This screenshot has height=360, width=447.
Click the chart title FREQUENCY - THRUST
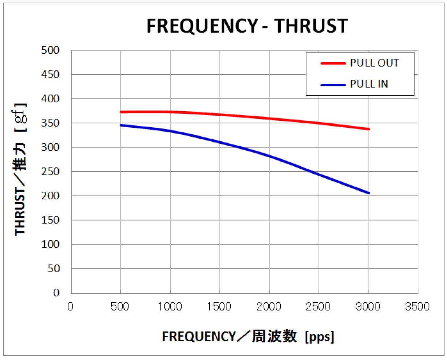[x=247, y=26]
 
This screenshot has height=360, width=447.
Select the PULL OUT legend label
[x=374, y=63]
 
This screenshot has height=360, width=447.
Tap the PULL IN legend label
[x=369, y=84]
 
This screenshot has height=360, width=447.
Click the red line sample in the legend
[x=333, y=63]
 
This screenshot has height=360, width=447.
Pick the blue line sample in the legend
[x=333, y=85]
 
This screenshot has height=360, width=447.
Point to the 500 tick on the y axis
[x=50, y=50]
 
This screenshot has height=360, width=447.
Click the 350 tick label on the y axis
[x=50, y=123]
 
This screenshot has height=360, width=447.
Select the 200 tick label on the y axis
[x=50, y=196]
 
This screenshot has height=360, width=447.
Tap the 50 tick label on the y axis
[x=53, y=269]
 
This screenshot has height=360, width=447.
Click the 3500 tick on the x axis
[x=417, y=307]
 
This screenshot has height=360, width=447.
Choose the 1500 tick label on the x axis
[x=219, y=307]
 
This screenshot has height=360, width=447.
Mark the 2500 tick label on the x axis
[x=318, y=307]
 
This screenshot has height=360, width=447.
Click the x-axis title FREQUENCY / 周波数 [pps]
[x=248, y=336]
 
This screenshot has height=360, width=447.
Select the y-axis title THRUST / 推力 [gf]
[x=21, y=169]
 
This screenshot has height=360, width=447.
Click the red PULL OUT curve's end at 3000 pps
[x=368, y=129]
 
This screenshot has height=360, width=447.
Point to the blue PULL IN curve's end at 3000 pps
[x=368, y=193]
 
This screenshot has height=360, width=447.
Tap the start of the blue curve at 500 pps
[x=121, y=125]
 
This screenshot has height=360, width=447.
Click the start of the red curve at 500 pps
[x=121, y=112]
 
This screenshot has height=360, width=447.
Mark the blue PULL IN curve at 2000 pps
[x=269, y=156]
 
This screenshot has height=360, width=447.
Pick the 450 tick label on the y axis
[x=50, y=75]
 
